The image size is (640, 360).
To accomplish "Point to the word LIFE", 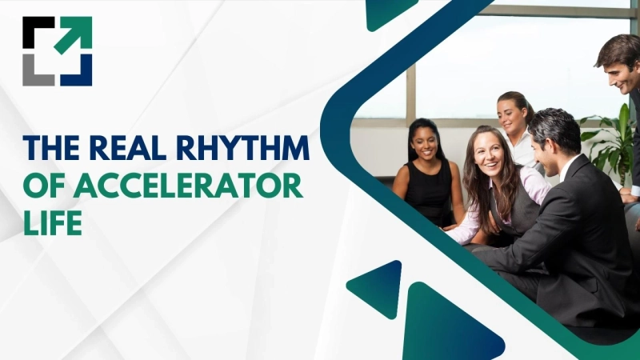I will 52,222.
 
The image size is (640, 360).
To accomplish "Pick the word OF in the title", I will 40,186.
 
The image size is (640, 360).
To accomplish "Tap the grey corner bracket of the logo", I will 36,72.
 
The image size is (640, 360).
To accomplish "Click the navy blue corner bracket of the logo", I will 80,74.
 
